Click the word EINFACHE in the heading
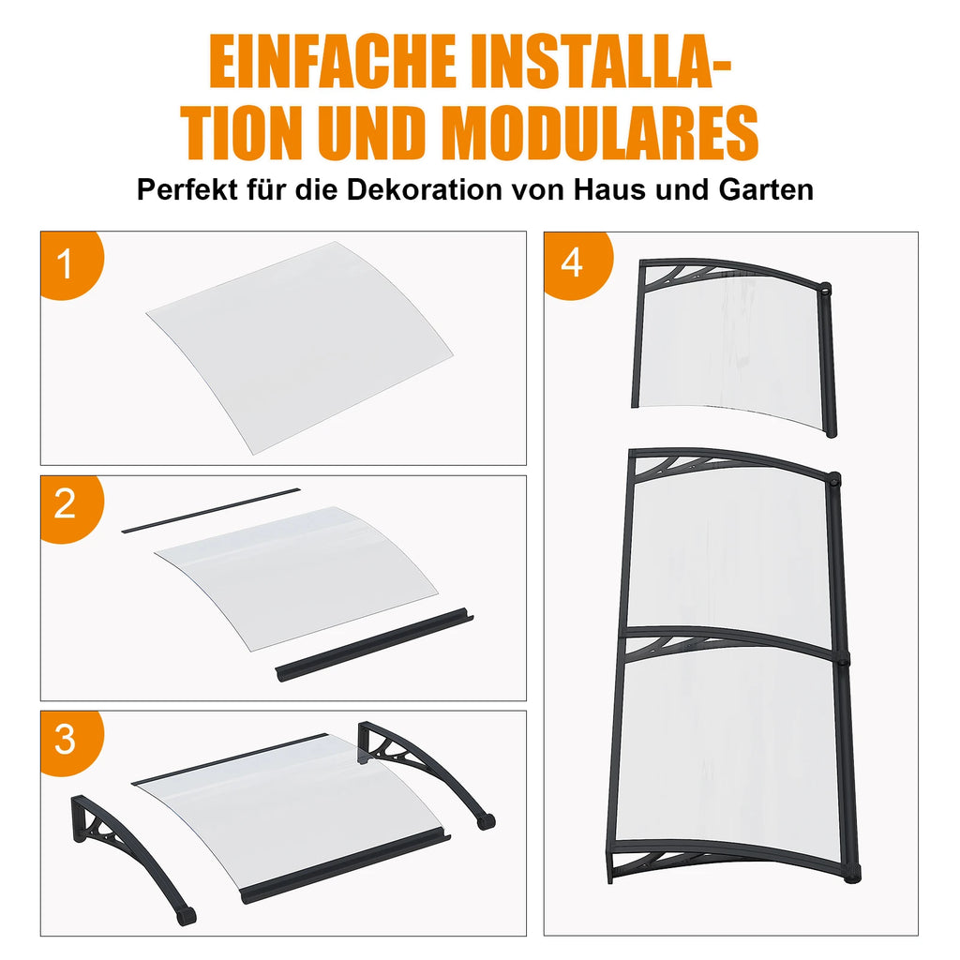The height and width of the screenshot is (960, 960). coord(333,63)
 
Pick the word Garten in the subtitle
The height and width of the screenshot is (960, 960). coord(766,189)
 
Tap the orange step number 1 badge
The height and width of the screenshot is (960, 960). coord(71,264)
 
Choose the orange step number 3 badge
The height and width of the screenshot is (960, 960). coord(71,742)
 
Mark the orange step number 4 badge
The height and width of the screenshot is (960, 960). coord(577,264)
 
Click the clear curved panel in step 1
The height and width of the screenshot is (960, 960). coord(300,347)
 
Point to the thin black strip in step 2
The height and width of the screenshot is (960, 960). coord(211,510)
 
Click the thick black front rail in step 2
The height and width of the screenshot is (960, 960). coord(374,645)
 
